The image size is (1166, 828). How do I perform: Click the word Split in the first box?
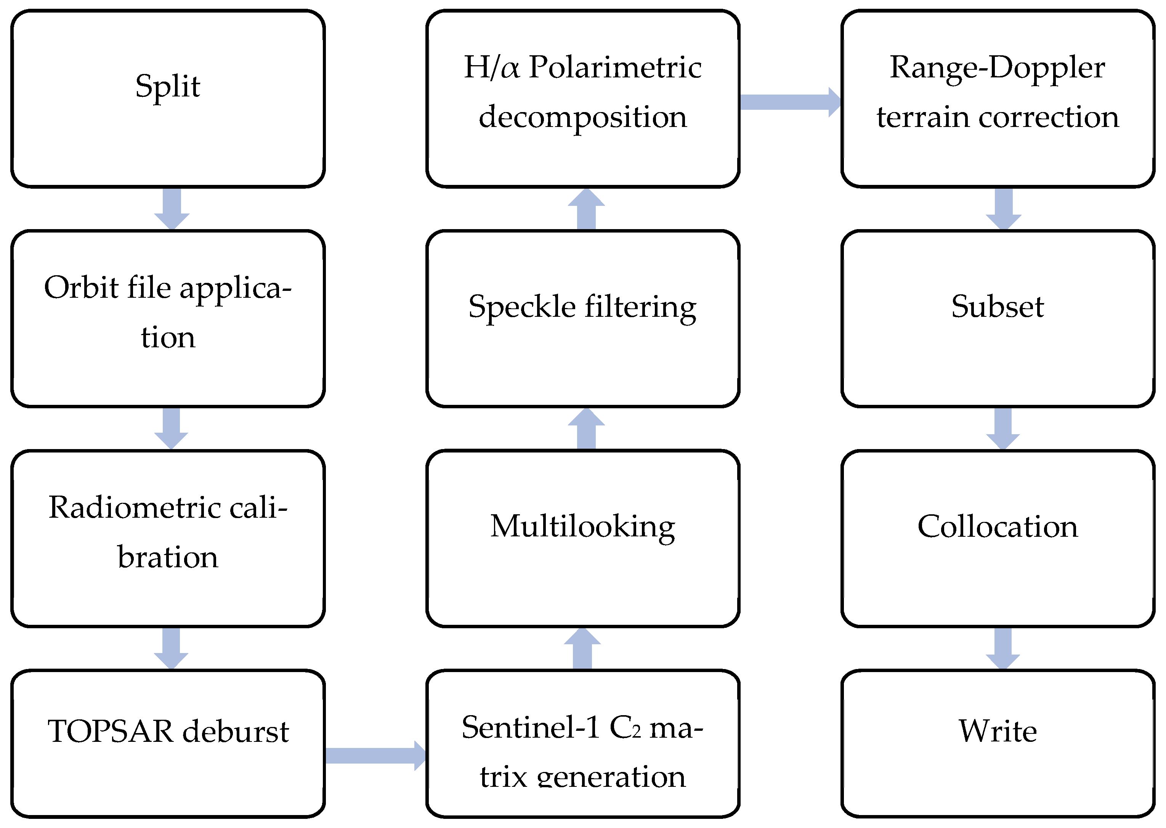(x=167, y=87)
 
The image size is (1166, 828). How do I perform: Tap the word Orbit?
(x=82, y=288)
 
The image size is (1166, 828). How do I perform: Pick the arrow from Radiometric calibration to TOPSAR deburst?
(x=171, y=648)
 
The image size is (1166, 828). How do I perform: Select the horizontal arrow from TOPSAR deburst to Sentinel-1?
(x=375, y=756)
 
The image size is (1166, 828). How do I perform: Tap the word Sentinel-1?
(x=530, y=728)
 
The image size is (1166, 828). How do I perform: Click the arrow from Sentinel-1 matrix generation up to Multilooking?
(x=582, y=648)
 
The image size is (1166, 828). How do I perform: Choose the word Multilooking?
(x=583, y=527)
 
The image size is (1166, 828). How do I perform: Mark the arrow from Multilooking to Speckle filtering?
(x=586, y=429)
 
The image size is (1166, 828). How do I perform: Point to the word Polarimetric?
(x=615, y=67)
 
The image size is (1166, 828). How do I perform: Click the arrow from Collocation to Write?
(x=1003, y=648)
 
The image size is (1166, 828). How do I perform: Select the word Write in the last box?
(x=998, y=732)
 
